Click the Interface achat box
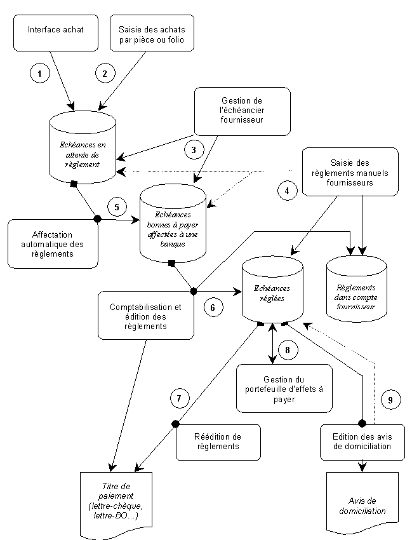[x=56, y=33]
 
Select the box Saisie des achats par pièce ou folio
[x=152, y=33]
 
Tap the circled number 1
[x=39, y=73]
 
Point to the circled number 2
[x=105, y=73]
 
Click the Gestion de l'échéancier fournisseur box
[x=243, y=111]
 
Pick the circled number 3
[x=194, y=150]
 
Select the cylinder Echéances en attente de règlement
[x=83, y=147]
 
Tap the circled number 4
[x=288, y=190]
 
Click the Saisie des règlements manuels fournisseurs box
[x=350, y=172]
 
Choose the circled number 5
[x=117, y=207]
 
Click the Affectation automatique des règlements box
[x=53, y=244]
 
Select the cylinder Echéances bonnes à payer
[x=173, y=224]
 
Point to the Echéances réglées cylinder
[x=272, y=290]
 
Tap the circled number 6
[x=213, y=307]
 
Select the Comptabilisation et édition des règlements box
[x=146, y=316]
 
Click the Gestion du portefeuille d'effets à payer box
[x=284, y=388]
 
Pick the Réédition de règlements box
[x=218, y=442]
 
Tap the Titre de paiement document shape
[x=116, y=504]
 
